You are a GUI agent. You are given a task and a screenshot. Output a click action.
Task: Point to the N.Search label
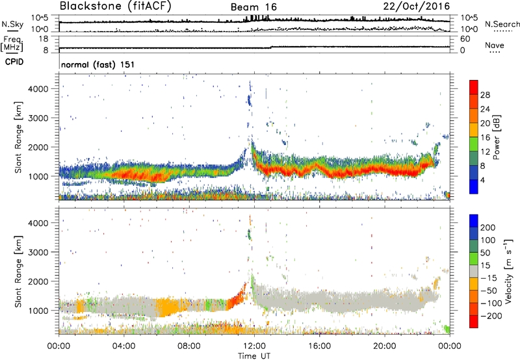(499, 24)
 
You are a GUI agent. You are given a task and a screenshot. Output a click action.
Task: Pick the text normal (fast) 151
(94, 64)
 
